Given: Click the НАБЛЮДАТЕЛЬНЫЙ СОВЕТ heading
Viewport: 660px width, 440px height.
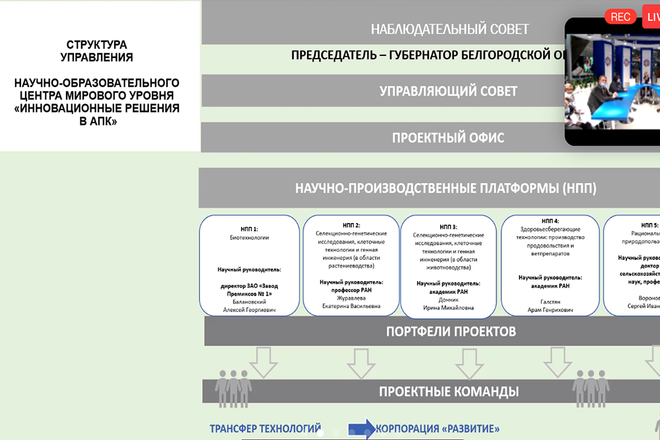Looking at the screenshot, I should [449, 29].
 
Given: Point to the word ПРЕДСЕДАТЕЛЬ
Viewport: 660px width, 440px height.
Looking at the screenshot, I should [334, 55].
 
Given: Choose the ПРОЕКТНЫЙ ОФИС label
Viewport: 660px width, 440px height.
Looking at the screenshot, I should [448, 138].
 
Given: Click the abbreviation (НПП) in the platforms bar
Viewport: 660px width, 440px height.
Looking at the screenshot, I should [580, 189].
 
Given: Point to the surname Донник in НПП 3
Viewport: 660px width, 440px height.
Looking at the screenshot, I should [448, 299].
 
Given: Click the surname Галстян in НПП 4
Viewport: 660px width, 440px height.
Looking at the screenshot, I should [550, 301].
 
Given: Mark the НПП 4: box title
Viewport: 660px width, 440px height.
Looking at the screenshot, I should [550, 221].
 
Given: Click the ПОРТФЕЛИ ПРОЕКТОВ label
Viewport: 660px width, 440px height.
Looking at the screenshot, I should [451, 331].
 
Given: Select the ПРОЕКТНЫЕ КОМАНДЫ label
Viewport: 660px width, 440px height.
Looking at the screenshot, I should [448, 392].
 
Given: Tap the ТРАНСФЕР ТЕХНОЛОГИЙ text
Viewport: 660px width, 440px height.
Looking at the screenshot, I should [265, 428].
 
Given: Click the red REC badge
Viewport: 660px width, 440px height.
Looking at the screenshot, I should [620, 17].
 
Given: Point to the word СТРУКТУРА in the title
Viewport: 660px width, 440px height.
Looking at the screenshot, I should [96, 45].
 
